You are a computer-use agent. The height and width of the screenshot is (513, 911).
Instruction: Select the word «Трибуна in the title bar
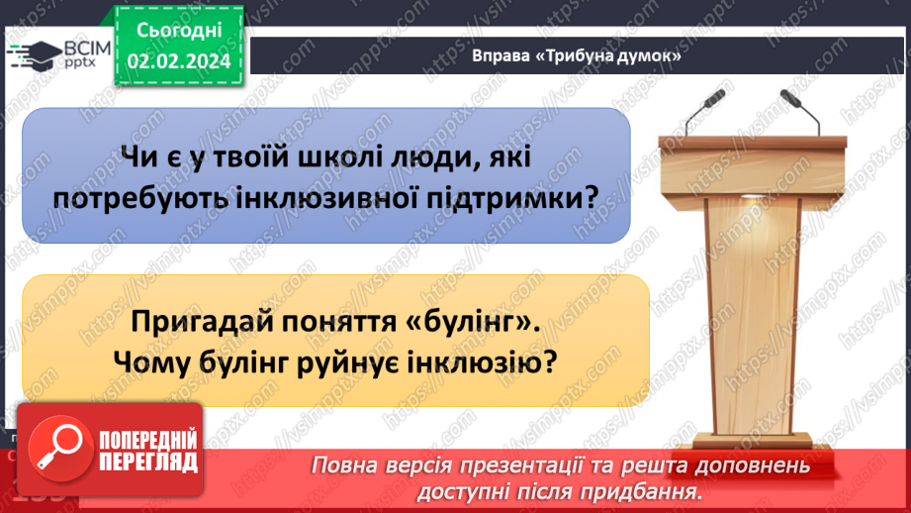pyautogui.click(x=574, y=57)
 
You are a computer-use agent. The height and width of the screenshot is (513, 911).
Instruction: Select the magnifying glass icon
pyautogui.click(x=57, y=449)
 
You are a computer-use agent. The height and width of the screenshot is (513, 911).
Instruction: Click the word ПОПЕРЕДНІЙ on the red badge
pyautogui.click(x=145, y=439)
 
